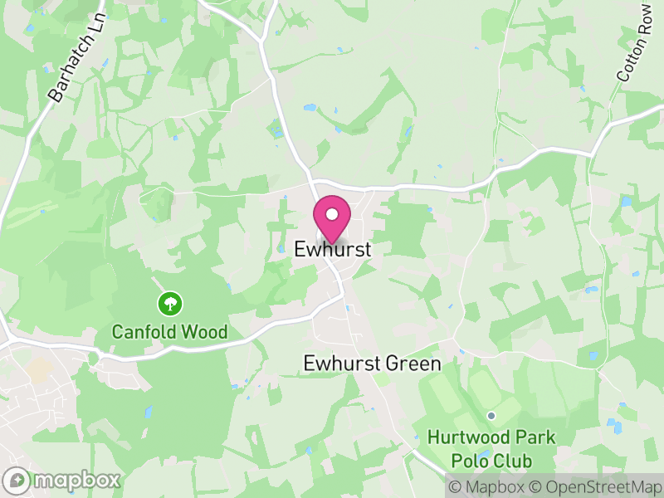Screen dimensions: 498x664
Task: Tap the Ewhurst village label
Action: tap(332, 249)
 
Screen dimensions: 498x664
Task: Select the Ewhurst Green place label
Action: tap(372, 364)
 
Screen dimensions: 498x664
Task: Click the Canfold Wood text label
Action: tap(170, 333)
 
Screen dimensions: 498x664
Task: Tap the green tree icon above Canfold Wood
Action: tap(170, 303)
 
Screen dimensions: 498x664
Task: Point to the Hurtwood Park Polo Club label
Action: tap(491, 447)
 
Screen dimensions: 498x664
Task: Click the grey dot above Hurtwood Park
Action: tap(491, 416)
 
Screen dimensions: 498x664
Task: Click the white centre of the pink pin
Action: tap(332, 214)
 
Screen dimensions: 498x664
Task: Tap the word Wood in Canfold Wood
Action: tap(203, 333)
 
